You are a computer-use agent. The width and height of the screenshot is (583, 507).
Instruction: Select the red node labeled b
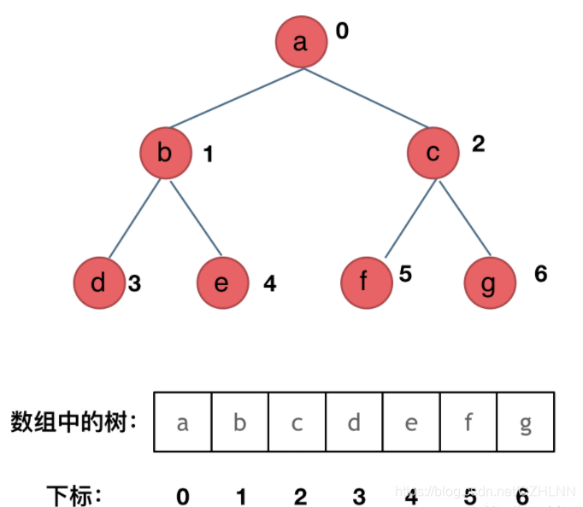pos(165,153)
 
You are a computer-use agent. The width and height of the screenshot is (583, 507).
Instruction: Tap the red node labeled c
pos(433,153)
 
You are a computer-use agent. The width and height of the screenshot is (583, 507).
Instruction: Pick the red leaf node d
pos(98,283)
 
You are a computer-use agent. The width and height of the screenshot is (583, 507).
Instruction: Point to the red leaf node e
pos(222,283)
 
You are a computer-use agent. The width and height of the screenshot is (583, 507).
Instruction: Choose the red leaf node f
pos(366,283)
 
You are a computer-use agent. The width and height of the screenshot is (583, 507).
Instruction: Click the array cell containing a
pos(182,422)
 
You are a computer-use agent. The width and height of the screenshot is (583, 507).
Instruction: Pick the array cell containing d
pos(354,422)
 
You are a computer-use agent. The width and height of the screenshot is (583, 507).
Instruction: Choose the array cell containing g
pos(526,422)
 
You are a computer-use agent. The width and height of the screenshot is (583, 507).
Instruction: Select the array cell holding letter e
pos(411,422)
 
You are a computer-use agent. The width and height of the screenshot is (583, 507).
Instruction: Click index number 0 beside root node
pos(342,32)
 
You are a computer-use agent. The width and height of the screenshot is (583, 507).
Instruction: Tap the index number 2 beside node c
pos(478,143)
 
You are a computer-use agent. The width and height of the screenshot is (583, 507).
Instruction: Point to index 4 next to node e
pos(270,283)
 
